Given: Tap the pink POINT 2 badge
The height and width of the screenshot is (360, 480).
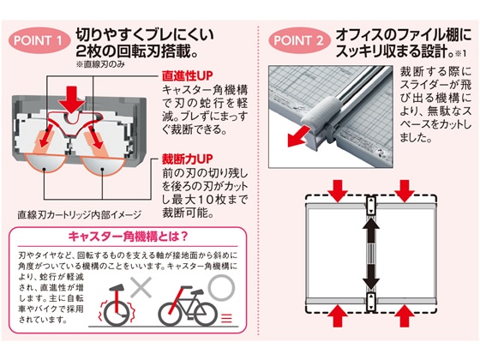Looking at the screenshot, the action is (x=299, y=40).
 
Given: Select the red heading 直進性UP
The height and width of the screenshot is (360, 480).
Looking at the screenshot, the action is (x=187, y=75).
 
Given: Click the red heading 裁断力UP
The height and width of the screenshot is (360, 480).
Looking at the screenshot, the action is (x=187, y=159).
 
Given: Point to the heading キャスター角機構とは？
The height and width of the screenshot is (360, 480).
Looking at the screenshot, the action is (x=128, y=237).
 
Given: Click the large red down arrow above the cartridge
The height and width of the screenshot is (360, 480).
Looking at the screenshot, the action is (x=72, y=99).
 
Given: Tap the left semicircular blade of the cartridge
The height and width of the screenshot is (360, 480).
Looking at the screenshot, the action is (x=45, y=162).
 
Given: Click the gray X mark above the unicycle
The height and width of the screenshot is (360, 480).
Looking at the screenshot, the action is (x=141, y=287).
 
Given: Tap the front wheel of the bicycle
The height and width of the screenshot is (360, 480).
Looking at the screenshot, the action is (x=206, y=314).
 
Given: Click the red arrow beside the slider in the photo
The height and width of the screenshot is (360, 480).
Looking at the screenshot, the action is (x=298, y=137).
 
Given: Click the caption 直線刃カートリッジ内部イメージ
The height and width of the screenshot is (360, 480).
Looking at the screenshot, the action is (x=79, y=215).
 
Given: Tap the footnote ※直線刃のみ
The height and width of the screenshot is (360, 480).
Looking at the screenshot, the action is (x=100, y=64).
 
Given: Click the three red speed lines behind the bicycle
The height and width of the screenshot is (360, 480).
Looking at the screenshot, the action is (x=226, y=318).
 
